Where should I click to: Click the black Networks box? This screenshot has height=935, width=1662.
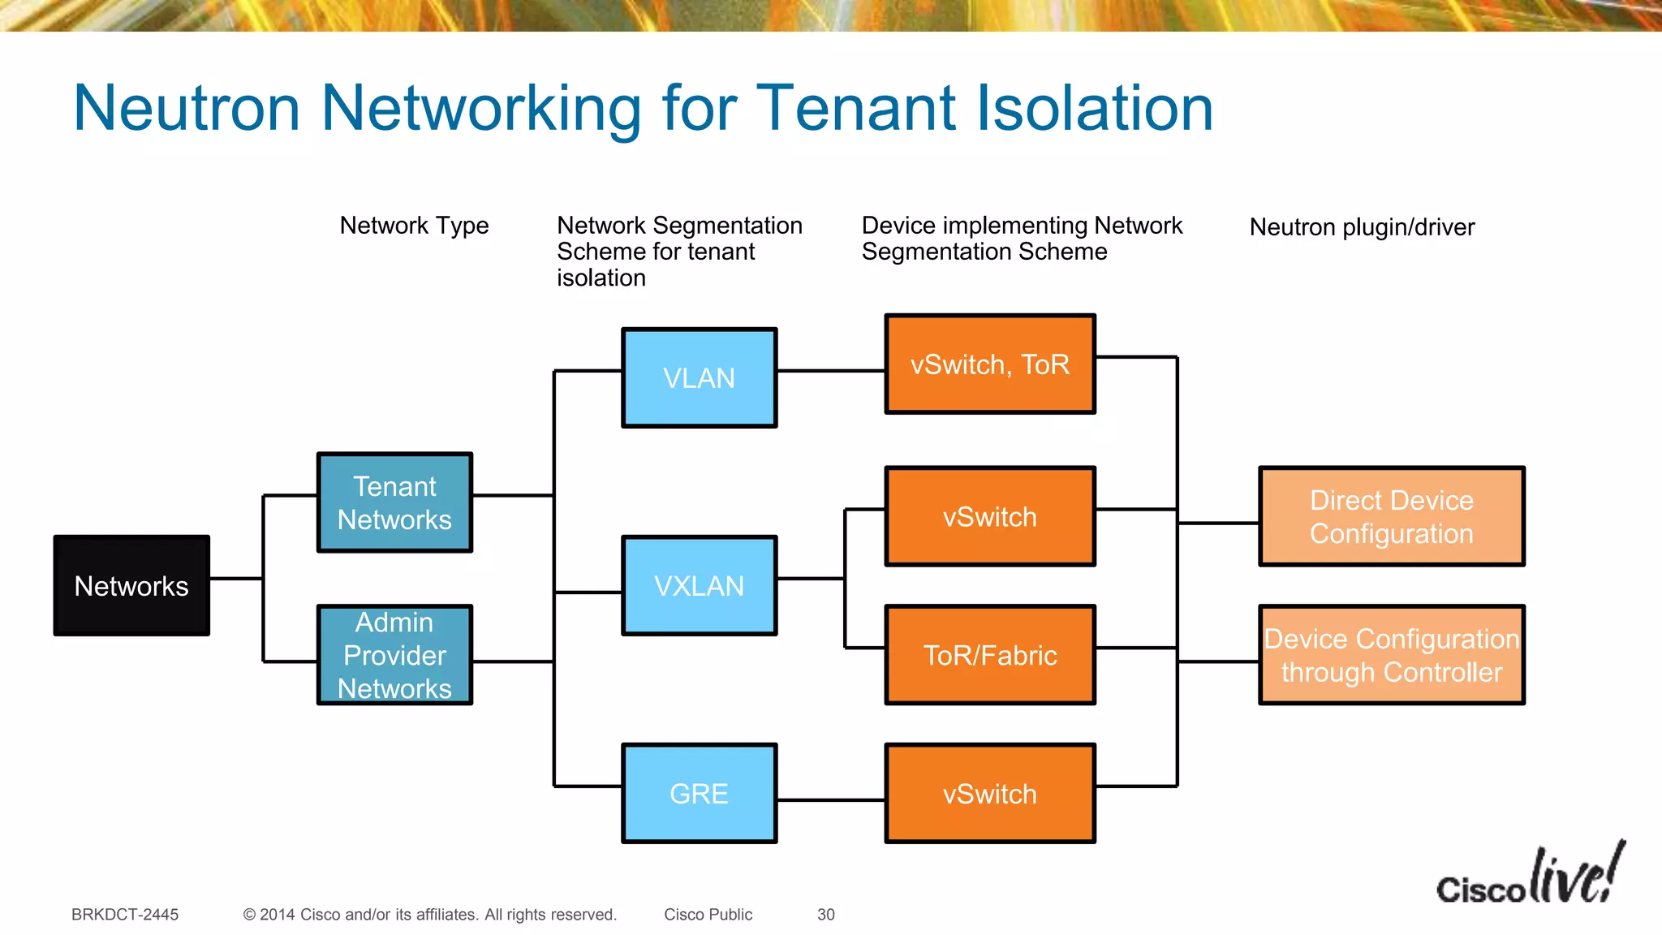pos(131,585)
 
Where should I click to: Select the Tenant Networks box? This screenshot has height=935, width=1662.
pos(394,502)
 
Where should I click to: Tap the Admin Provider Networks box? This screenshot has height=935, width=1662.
pos(394,654)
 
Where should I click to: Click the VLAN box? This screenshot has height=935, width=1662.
pos(699,377)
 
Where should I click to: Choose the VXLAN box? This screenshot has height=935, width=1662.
pos(699,585)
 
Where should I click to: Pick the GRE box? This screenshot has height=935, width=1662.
pos(699,793)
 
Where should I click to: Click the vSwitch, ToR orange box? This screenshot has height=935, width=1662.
pos(990,364)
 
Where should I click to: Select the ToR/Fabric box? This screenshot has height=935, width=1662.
pos(990,654)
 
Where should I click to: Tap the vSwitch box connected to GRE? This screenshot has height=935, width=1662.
pos(990,793)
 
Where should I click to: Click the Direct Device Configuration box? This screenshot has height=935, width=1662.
pos(1391,516)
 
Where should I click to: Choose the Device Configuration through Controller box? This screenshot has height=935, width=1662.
pos(1391,654)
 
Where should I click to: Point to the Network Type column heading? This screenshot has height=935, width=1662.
pos(414,225)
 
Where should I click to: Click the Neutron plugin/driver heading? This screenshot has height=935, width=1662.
pos(1362,226)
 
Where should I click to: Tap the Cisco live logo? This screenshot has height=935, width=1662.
pos(1531,877)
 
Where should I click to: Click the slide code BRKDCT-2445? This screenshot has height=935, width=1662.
pos(125,915)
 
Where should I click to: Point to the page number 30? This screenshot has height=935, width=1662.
pos(826,915)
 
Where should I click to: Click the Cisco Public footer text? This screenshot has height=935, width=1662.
pos(708,915)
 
